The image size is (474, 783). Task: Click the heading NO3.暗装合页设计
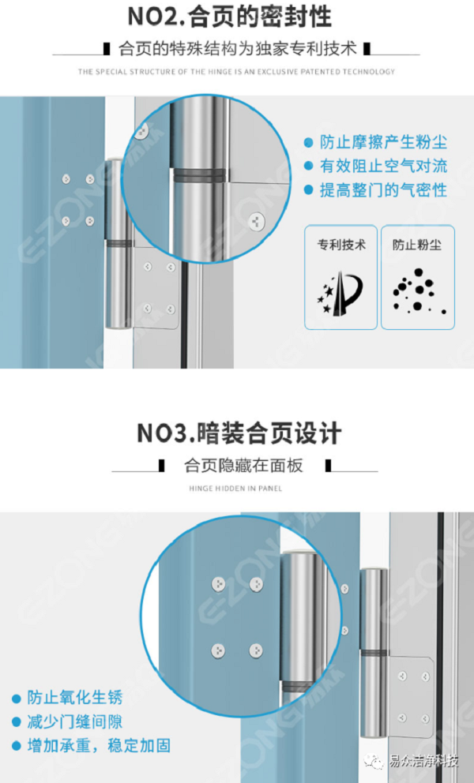pyautogui.click(x=239, y=433)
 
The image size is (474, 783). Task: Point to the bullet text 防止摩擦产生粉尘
pyautogui.click(x=383, y=143)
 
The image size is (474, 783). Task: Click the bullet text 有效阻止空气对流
pyautogui.click(x=383, y=167)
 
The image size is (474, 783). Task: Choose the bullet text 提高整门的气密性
pyautogui.click(x=383, y=190)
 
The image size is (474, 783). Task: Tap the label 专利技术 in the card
pyautogui.click(x=341, y=245)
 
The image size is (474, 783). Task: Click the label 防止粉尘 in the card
pyautogui.click(x=417, y=245)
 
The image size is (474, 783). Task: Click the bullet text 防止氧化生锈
pyautogui.click(x=75, y=698)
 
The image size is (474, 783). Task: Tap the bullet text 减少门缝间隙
pyautogui.click(x=75, y=721)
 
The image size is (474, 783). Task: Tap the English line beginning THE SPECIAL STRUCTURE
pyautogui.click(x=236, y=72)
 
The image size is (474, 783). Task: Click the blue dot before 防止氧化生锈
pyautogui.click(x=16, y=699)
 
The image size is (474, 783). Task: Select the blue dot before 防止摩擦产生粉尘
pyautogui.click(x=308, y=143)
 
